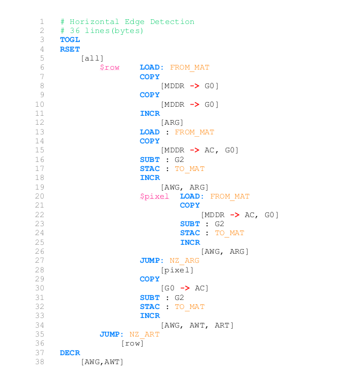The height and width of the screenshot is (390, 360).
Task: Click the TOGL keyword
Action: click(70, 40)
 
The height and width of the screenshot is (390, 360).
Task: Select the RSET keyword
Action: click(70, 49)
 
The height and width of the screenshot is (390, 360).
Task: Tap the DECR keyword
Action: click(70, 352)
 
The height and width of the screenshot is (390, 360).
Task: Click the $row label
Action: click(109, 67)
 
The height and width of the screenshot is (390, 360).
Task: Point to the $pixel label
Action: click(154, 196)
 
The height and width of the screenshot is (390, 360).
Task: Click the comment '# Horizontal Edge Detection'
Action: click(127, 22)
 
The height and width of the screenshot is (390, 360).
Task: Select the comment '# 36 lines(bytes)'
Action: click(102, 31)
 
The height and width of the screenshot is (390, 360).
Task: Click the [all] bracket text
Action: click(92, 58)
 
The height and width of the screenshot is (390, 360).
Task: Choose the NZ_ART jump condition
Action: click(144, 334)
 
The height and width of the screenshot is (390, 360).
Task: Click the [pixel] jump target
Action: click(177, 270)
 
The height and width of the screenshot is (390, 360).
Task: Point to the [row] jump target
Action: click(132, 343)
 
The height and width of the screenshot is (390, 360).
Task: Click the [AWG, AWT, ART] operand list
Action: click(197, 325)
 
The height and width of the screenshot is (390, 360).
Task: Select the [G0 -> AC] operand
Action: click(184, 288)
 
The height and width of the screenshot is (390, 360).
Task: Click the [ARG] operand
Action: click(172, 122)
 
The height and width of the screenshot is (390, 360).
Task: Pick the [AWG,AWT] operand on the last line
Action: click(102, 362)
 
